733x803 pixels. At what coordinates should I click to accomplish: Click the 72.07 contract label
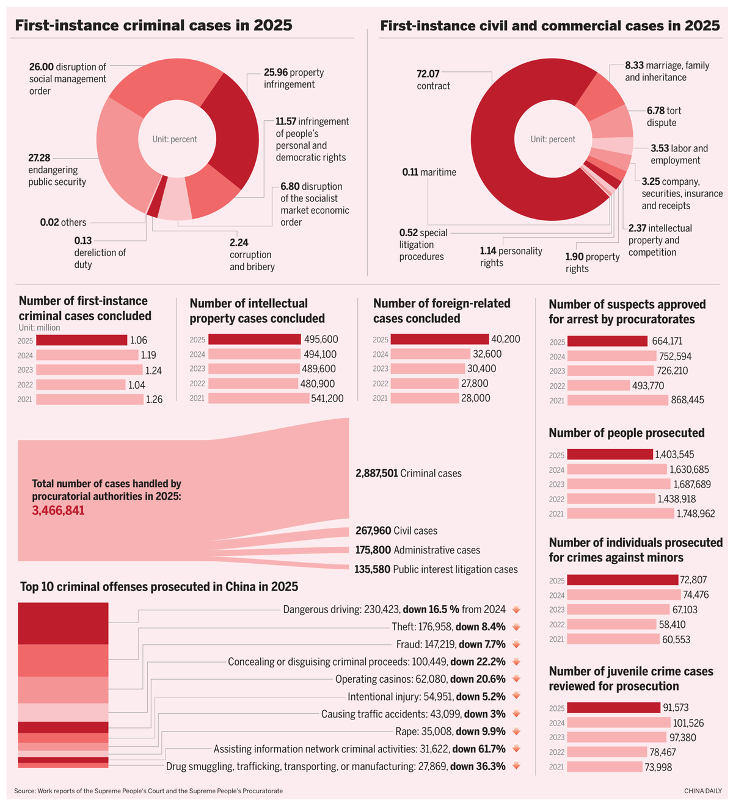click(x=434, y=80)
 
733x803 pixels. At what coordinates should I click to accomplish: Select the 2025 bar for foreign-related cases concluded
click(x=440, y=339)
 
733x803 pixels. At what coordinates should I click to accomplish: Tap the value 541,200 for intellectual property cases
click(x=324, y=398)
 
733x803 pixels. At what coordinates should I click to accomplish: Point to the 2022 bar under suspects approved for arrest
click(x=599, y=386)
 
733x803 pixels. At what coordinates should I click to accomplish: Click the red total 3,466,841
click(x=58, y=511)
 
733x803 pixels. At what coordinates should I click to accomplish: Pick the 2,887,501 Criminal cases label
click(x=409, y=474)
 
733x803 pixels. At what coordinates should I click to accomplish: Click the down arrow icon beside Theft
click(x=516, y=627)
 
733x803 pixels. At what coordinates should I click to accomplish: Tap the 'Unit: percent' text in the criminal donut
click(x=175, y=139)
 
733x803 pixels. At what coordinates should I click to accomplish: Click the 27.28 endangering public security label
click(x=57, y=170)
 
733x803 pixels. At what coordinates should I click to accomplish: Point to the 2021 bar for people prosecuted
click(x=621, y=514)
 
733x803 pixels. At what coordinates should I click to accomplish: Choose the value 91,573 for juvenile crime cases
click(x=676, y=708)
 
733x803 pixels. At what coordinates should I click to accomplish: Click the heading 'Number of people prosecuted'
click(x=627, y=433)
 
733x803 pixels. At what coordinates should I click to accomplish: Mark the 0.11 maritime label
click(x=429, y=173)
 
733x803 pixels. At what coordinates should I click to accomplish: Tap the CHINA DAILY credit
click(x=702, y=791)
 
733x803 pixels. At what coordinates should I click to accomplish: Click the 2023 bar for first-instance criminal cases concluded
click(x=89, y=370)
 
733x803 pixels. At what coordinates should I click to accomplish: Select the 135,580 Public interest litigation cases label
click(x=436, y=569)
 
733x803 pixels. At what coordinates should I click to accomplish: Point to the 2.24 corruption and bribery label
click(x=252, y=254)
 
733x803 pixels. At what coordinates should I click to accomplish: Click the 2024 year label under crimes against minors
click(x=557, y=595)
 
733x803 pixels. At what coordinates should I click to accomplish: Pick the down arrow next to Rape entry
click(x=516, y=732)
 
